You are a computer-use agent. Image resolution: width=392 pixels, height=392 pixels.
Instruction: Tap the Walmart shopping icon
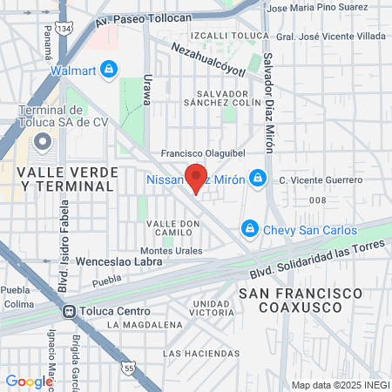(x=108, y=68)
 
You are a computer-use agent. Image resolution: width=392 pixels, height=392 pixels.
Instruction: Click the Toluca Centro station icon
(x=68, y=311)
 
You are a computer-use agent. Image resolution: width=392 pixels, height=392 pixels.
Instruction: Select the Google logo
(x=29, y=381)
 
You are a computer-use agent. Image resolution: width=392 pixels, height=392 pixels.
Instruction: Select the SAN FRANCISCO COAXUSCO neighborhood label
(x=301, y=302)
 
